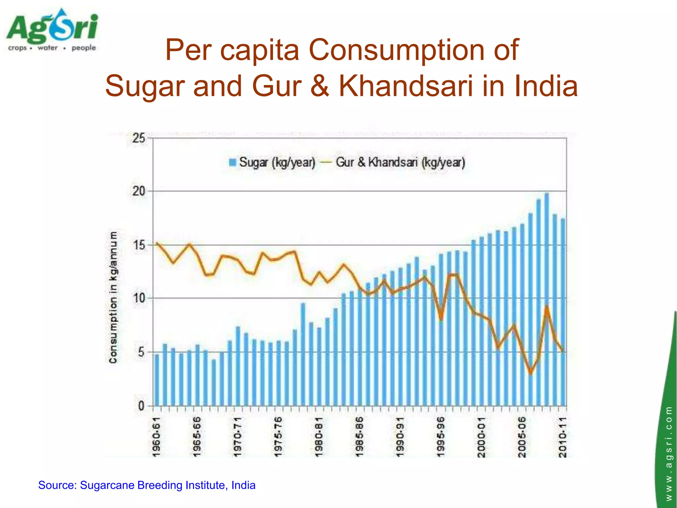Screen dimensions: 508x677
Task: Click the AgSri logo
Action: point(52,30)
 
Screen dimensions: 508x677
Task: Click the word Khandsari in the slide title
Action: point(405,86)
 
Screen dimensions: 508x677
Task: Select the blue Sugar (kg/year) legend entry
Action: point(272,162)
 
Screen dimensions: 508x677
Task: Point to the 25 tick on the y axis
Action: point(139,138)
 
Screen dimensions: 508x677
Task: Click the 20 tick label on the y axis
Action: point(139,191)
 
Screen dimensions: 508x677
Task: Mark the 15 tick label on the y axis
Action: point(139,245)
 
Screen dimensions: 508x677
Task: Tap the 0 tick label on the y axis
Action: point(141,406)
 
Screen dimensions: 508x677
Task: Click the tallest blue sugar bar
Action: point(547,298)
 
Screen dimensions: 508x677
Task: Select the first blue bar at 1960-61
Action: point(157,380)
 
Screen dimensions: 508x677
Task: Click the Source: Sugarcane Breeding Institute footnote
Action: point(147,485)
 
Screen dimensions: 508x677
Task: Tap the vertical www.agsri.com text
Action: point(669,453)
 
